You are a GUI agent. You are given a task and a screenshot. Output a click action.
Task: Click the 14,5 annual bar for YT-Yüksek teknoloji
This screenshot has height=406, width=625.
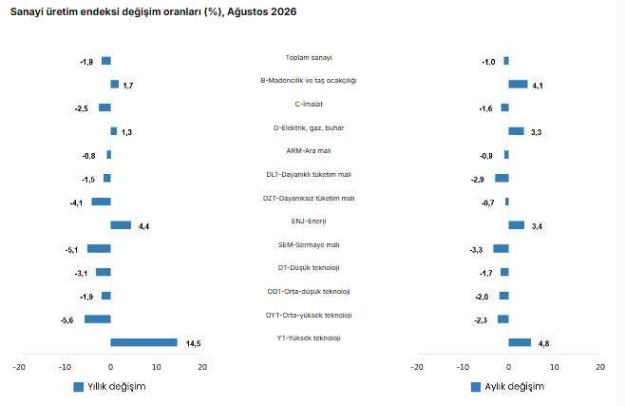click(x=143, y=342)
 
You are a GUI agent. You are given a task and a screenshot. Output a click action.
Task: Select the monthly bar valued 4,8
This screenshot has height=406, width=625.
click(x=520, y=342)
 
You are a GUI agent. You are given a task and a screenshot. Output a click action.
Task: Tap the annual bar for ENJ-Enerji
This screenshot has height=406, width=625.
click(x=121, y=225)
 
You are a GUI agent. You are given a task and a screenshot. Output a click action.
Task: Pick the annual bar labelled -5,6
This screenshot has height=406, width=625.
click(x=98, y=319)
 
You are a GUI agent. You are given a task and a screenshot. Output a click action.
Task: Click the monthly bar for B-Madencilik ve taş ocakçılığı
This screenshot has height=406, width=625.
click(x=519, y=85)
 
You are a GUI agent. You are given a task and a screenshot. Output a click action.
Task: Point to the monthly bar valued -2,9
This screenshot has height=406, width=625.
click(x=502, y=178)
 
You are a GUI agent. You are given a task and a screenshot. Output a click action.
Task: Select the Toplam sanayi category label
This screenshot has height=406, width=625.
click(x=309, y=57)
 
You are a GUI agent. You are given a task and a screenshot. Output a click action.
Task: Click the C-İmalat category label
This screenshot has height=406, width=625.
click(x=309, y=104)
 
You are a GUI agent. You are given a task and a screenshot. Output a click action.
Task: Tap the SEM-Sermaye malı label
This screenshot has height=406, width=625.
click(x=309, y=245)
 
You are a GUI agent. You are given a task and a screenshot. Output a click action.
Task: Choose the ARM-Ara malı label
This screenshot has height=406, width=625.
click(x=309, y=151)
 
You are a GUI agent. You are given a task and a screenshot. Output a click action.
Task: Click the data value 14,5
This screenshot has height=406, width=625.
click(x=194, y=343)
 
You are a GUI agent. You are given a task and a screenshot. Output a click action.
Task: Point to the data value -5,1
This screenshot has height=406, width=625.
click(x=72, y=250)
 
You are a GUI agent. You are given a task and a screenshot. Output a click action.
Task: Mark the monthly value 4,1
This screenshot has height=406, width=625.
click(x=538, y=86)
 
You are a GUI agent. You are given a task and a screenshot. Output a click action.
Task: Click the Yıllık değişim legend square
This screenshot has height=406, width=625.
click(x=79, y=387)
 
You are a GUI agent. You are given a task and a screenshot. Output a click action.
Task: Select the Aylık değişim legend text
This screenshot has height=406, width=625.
click(x=515, y=386)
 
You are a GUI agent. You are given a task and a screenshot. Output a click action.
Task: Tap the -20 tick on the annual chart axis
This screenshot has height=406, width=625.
click(x=19, y=367)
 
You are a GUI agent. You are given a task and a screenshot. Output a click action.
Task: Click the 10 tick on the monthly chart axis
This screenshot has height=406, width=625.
click(x=555, y=367)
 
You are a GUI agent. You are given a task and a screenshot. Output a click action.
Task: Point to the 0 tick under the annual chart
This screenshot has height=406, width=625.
click(x=111, y=367)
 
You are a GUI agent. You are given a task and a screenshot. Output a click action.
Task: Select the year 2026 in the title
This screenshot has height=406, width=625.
click(x=284, y=11)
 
